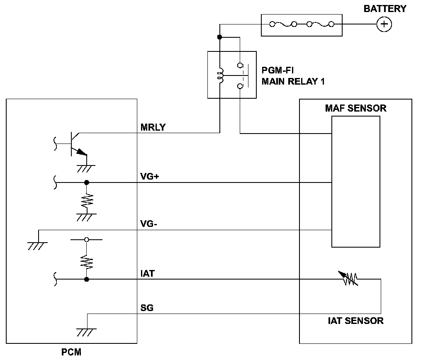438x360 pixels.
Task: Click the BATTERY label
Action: click(x=384, y=9)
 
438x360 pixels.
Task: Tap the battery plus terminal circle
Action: click(x=384, y=24)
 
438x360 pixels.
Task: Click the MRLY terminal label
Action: click(x=153, y=127)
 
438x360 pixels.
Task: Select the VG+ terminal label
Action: click(x=149, y=177)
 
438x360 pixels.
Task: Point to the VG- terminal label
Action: click(x=148, y=224)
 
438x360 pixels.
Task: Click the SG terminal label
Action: click(x=147, y=308)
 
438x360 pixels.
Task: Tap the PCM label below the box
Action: click(x=71, y=352)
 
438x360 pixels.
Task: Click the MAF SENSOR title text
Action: click(x=355, y=108)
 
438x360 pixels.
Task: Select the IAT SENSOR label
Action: click(x=355, y=321)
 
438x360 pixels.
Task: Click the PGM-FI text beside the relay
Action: click(x=277, y=70)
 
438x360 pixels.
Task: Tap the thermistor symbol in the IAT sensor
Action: click(x=348, y=278)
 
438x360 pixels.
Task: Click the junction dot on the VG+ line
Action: click(x=87, y=182)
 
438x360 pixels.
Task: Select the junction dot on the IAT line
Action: click(x=87, y=279)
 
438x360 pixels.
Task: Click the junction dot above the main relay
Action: click(x=219, y=37)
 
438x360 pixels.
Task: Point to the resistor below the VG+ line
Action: click(x=87, y=200)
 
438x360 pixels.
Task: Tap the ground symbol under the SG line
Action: click(x=87, y=332)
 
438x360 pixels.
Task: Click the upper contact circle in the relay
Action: click(x=240, y=66)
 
